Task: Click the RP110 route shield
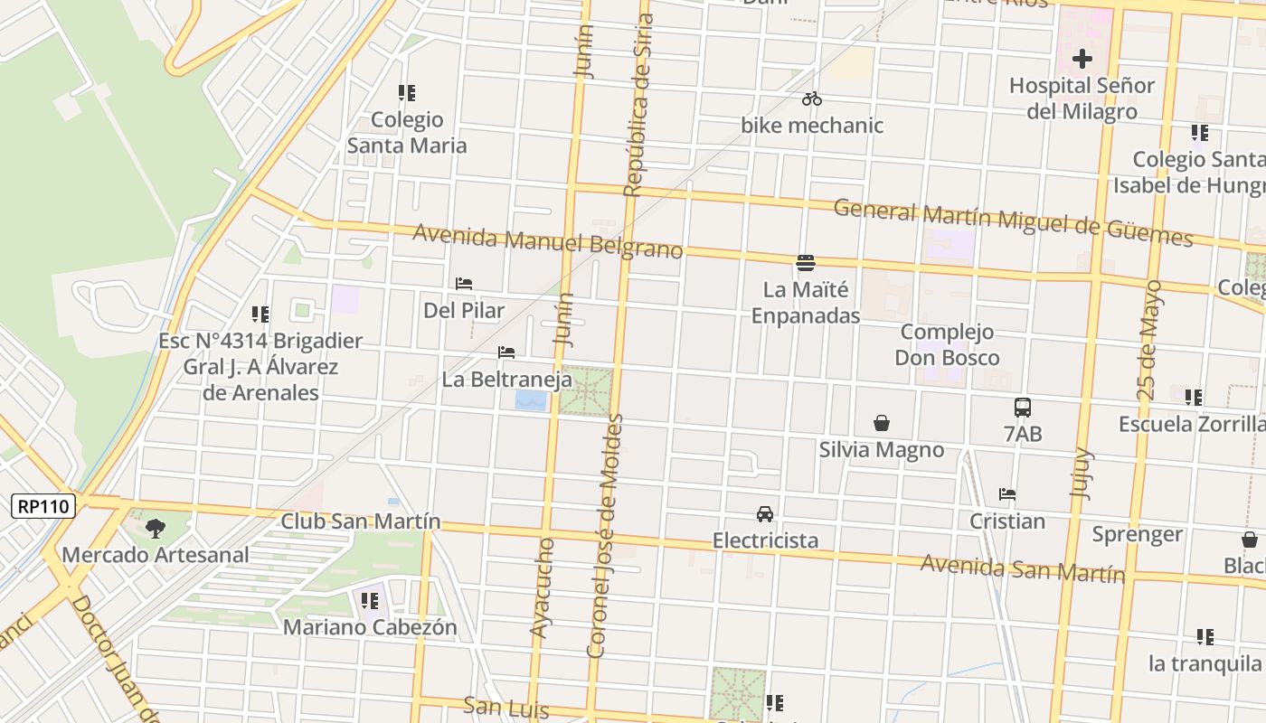pyautogui.click(x=43, y=506)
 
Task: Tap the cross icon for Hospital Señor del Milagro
pyautogui.click(x=1082, y=60)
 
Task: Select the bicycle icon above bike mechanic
pyautogui.click(x=812, y=99)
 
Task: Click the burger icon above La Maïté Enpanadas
pyautogui.click(x=806, y=263)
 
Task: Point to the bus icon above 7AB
pyautogui.click(x=1023, y=408)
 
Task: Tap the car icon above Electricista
pyautogui.click(x=765, y=514)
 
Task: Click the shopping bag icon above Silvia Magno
pyautogui.click(x=882, y=423)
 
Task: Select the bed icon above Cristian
pyautogui.click(x=1007, y=494)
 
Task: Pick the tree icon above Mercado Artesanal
pyautogui.click(x=156, y=529)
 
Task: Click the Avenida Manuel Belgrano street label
pyautogui.click(x=547, y=241)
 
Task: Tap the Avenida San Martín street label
pyautogui.click(x=1022, y=568)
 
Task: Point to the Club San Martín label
pyautogui.click(x=361, y=521)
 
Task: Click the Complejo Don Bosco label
pyautogui.click(x=947, y=344)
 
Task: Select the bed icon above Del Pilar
pyautogui.click(x=464, y=284)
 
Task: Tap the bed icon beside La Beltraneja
pyautogui.click(x=506, y=352)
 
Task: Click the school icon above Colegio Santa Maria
pyautogui.click(x=407, y=93)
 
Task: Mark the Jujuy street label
pyautogui.click(x=1082, y=474)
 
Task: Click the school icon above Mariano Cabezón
pyautogui.click(x=370, y=600)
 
